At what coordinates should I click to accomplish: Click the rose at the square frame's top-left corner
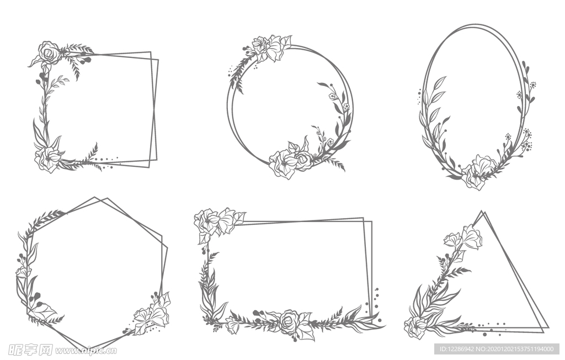(x=49, y=53)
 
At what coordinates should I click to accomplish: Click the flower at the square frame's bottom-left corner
(x=48, y=158)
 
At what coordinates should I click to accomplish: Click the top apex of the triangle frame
(x=482, y=211)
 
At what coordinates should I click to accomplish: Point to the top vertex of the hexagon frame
(x=95, y=197)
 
